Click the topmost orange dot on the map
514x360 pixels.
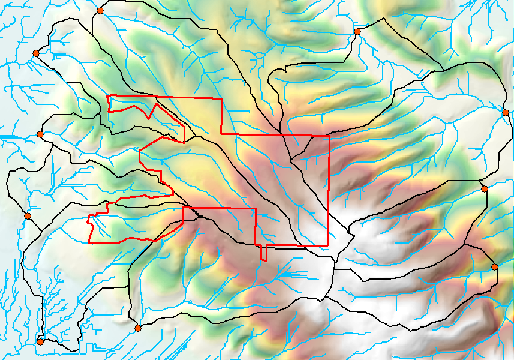(x=100, y=11)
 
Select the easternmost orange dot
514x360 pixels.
(x=506, y=113)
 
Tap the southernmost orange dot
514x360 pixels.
(x=40, y=341)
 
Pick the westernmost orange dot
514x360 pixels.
(x=27, y=216)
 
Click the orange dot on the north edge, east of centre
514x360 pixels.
(x=357, y=31)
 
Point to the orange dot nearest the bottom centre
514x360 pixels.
(x=138, y=328)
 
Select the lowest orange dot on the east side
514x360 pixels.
(x=495, y=266)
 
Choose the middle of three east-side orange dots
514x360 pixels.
(x=485, y=189)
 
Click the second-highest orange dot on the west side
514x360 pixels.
(x=40, y=134)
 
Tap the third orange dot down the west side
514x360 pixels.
(x=27, y=216)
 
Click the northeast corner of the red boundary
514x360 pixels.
(x=329, y=136)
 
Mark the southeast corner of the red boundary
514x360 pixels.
(x=328, y=245)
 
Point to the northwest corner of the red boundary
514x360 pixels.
(x=107, y=95)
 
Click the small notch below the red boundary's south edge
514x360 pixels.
(x=263, y=259)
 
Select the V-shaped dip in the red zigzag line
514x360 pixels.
(x=148, y=118)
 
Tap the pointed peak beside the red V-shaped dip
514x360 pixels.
(x=156, y=103)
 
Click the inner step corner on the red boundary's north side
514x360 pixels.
(x=221, y=134)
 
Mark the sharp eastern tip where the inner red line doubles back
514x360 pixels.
(x=184, y=142)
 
